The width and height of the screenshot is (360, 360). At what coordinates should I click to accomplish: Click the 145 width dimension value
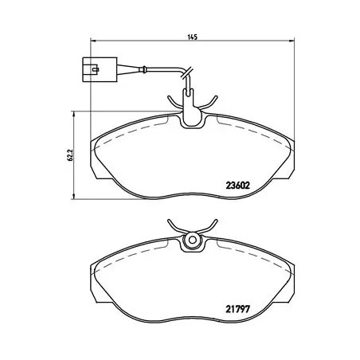191,37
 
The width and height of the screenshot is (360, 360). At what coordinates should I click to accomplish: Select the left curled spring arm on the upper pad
173,100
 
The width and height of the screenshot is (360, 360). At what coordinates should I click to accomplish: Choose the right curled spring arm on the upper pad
210,100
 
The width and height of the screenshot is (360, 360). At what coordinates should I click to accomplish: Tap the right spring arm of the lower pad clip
207,225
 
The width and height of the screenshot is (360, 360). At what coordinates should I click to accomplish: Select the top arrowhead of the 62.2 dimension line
75,113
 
